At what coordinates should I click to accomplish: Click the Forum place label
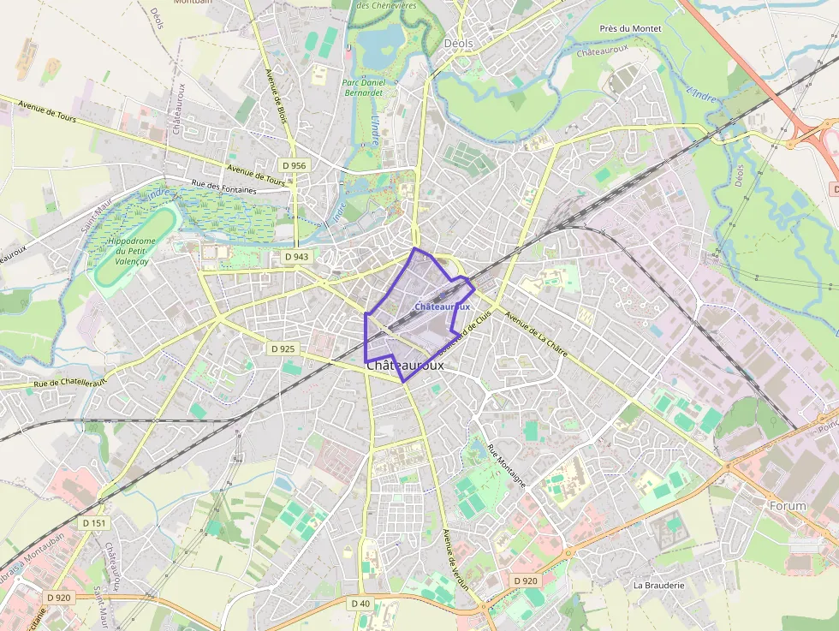coord(788,506)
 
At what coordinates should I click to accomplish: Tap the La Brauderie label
coord(658,586)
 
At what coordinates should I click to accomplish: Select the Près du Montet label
coord(630,28)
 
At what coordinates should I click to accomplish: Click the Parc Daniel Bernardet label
coord(364,87)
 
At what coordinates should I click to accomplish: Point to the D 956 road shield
coord(294,165)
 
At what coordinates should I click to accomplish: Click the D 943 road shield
coord(295,257)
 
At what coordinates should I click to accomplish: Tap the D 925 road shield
coord(282,348)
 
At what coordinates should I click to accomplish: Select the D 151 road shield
coord(94,522)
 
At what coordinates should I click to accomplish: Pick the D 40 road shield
coord(361,604)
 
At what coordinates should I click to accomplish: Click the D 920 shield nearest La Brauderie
coord(527,580)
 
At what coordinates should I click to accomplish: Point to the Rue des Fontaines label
coord(223,187)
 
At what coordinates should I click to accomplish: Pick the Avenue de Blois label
coord(278,98)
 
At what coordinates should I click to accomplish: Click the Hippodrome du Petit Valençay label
coord(129,252)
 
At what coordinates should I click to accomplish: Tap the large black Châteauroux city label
coord(405,365)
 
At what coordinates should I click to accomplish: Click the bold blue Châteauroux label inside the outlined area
coord(442,306)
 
